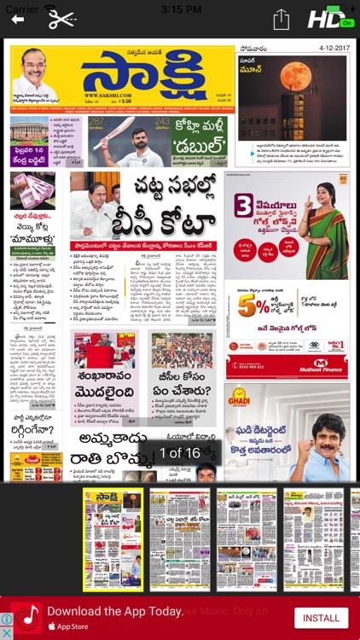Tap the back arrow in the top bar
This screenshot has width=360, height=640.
[x=18, y=20]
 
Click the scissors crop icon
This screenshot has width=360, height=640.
[x=61, y=19]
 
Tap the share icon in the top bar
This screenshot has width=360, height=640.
[x=281, y=20]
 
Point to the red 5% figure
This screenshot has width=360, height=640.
[x=249, y=308]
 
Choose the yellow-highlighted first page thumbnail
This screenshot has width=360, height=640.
[x=113, y=539]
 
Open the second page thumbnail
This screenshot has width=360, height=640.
[x=179, y=539]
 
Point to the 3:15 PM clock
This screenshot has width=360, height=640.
[x=180, y=9]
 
